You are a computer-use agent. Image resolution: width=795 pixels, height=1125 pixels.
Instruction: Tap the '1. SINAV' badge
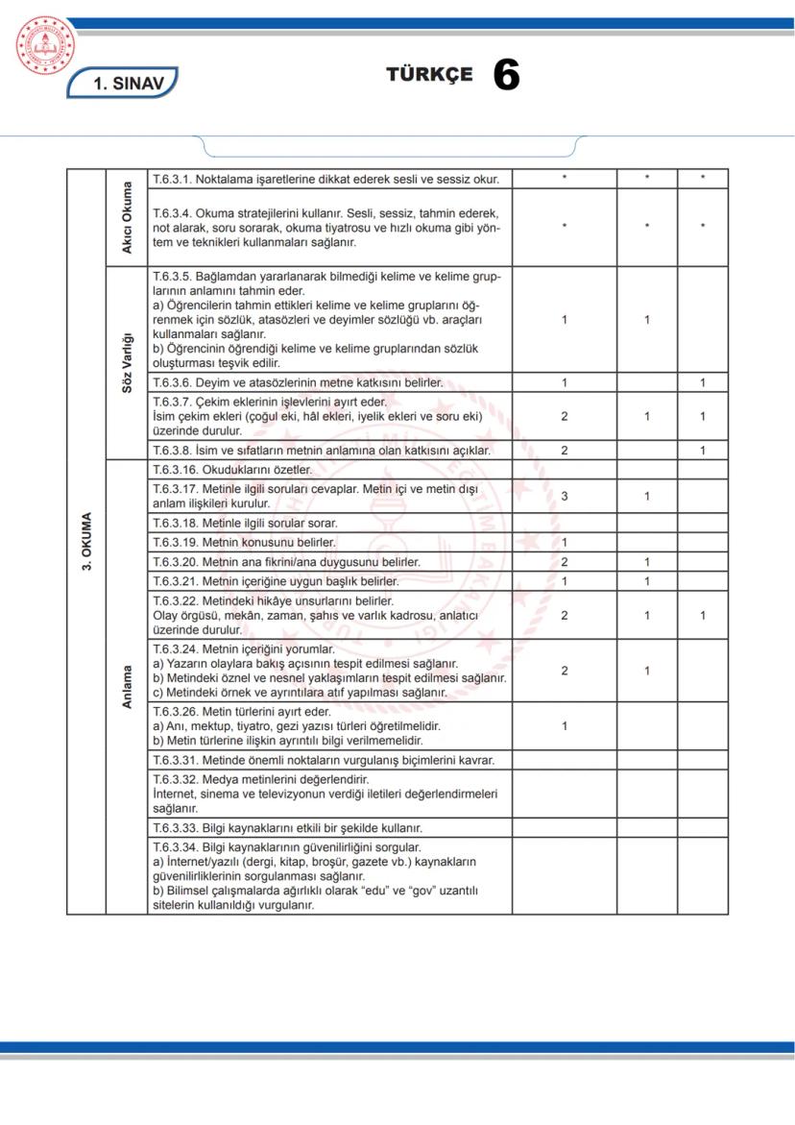[122, 84]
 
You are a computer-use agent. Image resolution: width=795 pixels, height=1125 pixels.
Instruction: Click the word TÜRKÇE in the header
[429, 75]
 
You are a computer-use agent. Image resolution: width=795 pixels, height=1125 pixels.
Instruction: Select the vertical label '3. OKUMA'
[86, 542]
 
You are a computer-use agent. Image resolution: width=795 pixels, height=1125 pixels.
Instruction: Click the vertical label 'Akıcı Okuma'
[127, 217]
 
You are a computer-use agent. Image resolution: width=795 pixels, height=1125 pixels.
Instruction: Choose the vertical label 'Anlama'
[127, 687]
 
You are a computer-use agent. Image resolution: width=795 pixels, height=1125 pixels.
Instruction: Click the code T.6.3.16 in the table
[175, 470]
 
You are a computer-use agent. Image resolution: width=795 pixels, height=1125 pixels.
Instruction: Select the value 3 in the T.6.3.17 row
[564, 496]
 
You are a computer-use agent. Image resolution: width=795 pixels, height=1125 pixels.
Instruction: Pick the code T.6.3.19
[175, 543]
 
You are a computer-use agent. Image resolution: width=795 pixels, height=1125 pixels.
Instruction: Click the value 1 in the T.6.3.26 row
[564, 726]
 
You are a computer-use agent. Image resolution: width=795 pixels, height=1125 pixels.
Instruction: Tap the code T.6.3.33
[175, 827]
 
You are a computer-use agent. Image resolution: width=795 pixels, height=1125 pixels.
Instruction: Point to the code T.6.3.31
[175, 760]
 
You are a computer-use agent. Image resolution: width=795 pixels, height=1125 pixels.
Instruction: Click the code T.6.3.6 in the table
[172, 382]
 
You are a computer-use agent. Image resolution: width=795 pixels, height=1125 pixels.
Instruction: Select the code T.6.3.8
[172, 450]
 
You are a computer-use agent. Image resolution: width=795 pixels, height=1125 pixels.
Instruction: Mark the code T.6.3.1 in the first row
[172, 179]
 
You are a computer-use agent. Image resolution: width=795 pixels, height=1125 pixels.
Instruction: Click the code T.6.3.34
[175, 847]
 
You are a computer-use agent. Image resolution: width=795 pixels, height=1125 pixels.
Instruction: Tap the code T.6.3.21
[175, 581]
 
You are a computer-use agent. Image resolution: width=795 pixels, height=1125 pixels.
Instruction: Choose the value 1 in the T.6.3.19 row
[564, 543]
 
